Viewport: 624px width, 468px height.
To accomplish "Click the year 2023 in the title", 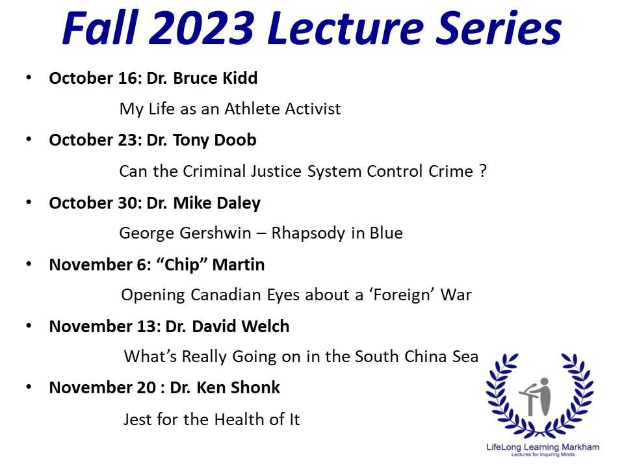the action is click(201, 28).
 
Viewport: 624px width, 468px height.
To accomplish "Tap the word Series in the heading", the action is click(499, 27).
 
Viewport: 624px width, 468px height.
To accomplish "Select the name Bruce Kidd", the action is click(215, 78).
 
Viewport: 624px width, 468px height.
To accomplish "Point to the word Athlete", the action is click(252, 109).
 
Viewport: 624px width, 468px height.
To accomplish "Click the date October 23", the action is click(93, 140).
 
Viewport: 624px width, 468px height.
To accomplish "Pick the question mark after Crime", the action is click(483, 171).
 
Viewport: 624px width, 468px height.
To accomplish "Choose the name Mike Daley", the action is click(217, 203).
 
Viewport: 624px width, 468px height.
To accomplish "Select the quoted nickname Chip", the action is click(181, 265).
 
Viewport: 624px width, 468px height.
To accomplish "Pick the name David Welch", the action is click(240, 326).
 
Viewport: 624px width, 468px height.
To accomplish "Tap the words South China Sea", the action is click(416, 357).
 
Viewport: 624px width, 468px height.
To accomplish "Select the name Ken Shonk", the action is click(238, 387).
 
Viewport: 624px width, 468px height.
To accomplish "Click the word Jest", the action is click(138, 419).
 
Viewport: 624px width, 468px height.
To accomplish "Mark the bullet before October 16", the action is click(29, 77).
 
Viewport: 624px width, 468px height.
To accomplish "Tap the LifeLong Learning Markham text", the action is click(542, 447).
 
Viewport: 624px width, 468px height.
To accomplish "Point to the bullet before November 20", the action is click(29, 387).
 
